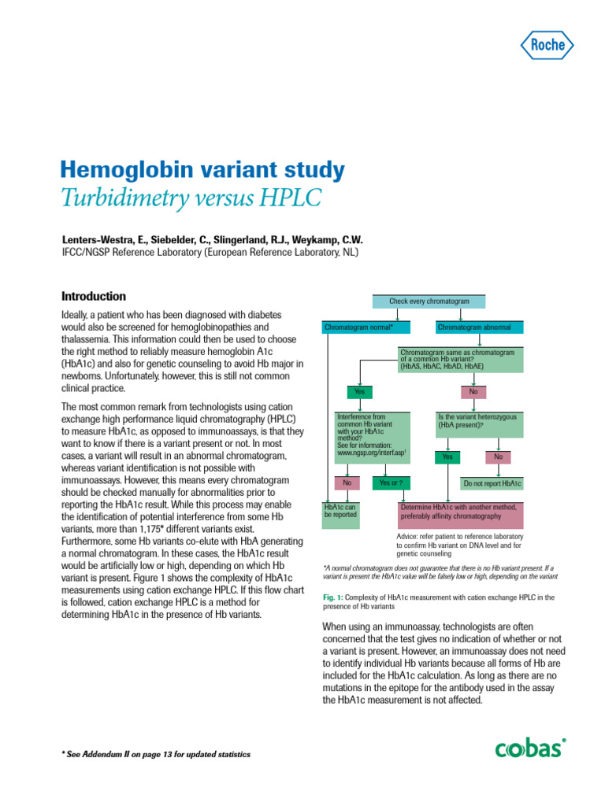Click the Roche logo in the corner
point(548,45)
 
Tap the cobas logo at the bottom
point(530,747)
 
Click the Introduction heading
point(94,297)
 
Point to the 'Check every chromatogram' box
point(429,301)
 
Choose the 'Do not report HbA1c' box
point(492,482)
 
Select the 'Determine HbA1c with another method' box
point(461,512)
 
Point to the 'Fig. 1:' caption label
point(336,597)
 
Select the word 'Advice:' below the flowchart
point(408,535)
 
